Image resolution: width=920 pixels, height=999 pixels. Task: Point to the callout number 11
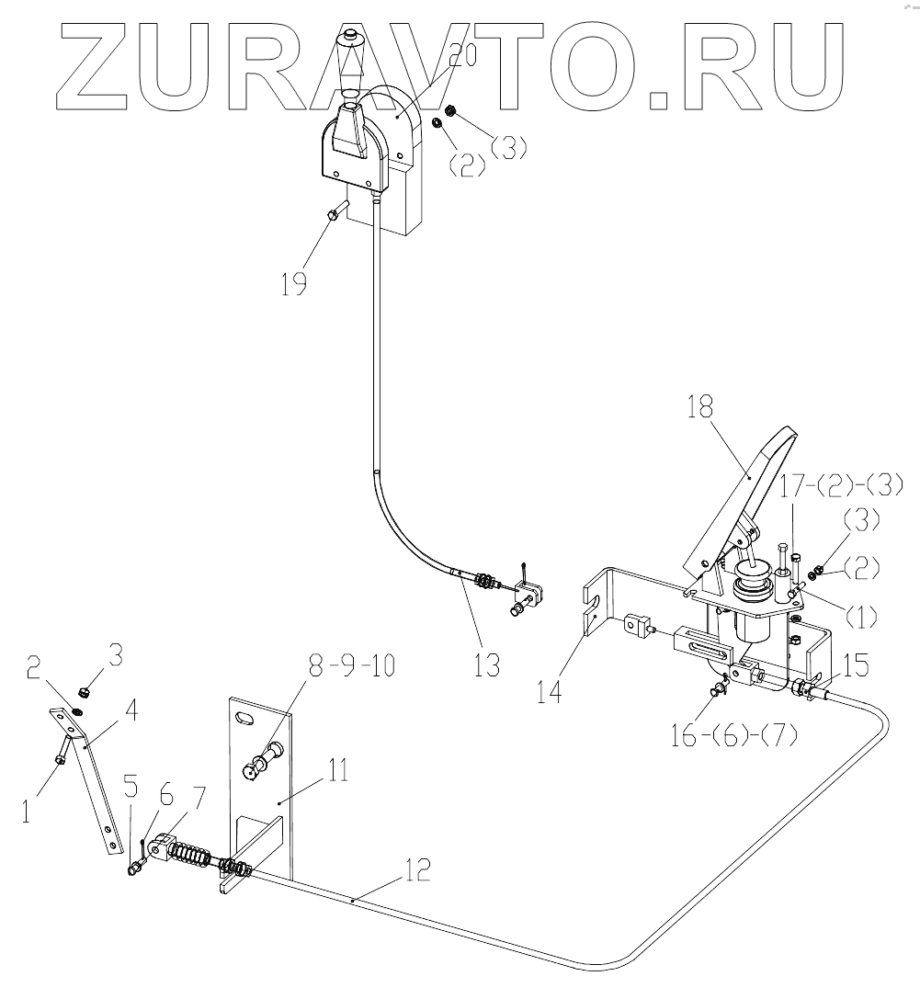337,771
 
